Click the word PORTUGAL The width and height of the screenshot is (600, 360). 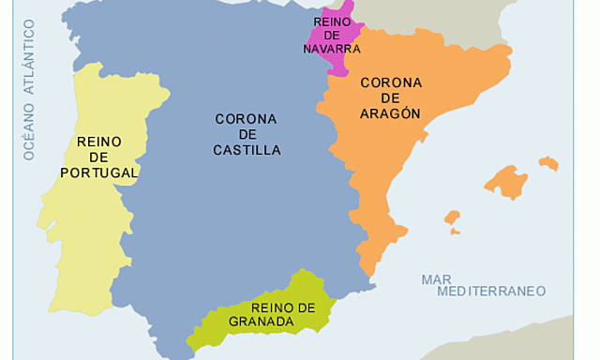99,172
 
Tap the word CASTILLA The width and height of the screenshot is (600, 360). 247,150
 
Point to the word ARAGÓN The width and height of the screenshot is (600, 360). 390,113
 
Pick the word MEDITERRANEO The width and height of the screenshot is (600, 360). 483,292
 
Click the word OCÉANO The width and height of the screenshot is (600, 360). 29,130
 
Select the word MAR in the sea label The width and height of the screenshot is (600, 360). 436,279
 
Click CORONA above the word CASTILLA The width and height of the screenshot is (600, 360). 246,119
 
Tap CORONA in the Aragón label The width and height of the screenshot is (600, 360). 391,82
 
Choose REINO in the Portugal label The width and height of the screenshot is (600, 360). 99,142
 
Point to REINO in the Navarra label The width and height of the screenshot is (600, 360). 332,21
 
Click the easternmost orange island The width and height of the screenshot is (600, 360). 548,164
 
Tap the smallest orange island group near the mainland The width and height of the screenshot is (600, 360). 453,221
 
